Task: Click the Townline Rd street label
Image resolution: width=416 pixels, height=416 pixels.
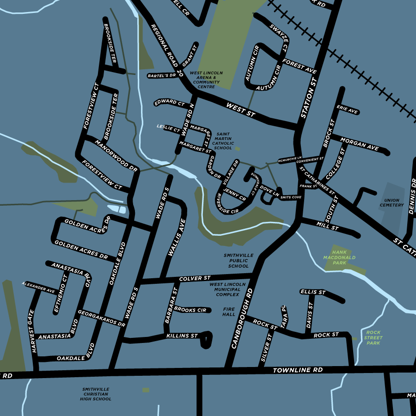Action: (298, 370)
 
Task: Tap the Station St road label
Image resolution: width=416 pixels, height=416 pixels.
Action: (309, 98)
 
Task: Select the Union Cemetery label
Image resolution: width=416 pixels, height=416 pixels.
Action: (392, 202)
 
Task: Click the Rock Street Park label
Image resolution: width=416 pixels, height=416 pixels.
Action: (373, 337)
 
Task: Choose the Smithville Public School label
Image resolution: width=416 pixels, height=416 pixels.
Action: (238, 261)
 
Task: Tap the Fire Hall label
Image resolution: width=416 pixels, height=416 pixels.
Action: (229, 312)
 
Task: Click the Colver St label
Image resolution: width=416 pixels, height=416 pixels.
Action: (195, 279)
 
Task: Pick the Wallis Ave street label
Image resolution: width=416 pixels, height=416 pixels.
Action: (177, 238)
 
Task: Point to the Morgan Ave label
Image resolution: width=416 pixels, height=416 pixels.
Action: (360, 144)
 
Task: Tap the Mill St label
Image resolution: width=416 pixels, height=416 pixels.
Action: (328, 226)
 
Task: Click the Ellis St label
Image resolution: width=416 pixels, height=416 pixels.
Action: (313, 292)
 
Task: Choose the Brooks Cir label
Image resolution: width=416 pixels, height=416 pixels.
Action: (190, 310)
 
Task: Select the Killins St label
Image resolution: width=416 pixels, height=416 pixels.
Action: (182, 336)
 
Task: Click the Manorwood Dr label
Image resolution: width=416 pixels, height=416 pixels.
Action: (116, 155)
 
